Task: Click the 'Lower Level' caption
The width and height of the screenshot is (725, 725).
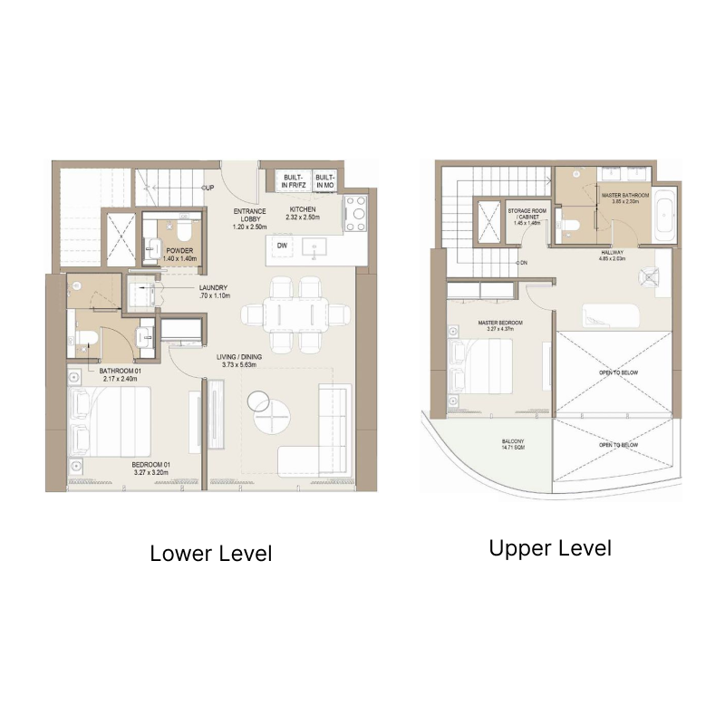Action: click(x=210, y=553)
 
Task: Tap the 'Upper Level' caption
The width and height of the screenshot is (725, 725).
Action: click(x=550, y=548)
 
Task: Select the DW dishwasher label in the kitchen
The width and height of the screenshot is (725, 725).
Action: click(x=283, y=246)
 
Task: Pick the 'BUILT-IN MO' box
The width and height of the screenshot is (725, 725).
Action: click(x=325, y=181)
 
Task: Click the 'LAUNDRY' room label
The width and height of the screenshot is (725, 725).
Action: click(x=215, y=291)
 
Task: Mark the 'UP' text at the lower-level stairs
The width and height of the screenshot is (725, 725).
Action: click(x=208, y=188)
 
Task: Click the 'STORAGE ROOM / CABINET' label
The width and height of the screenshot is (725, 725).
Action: click(x=525, y=214)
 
